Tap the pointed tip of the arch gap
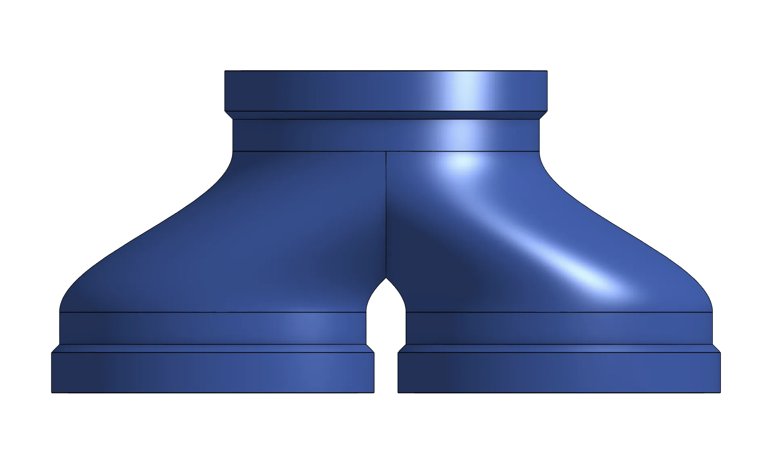coord(386,279)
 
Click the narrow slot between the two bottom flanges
coord(386,371)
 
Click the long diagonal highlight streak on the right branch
coord(565,258)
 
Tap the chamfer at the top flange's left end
coord(229,115)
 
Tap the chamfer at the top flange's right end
coord(543,115)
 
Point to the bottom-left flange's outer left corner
coord(52,392)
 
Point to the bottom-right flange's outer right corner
coord(720,392)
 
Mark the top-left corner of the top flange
coord(225,71)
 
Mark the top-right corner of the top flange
coord(547,71)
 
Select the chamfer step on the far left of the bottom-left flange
coord(56,349)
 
